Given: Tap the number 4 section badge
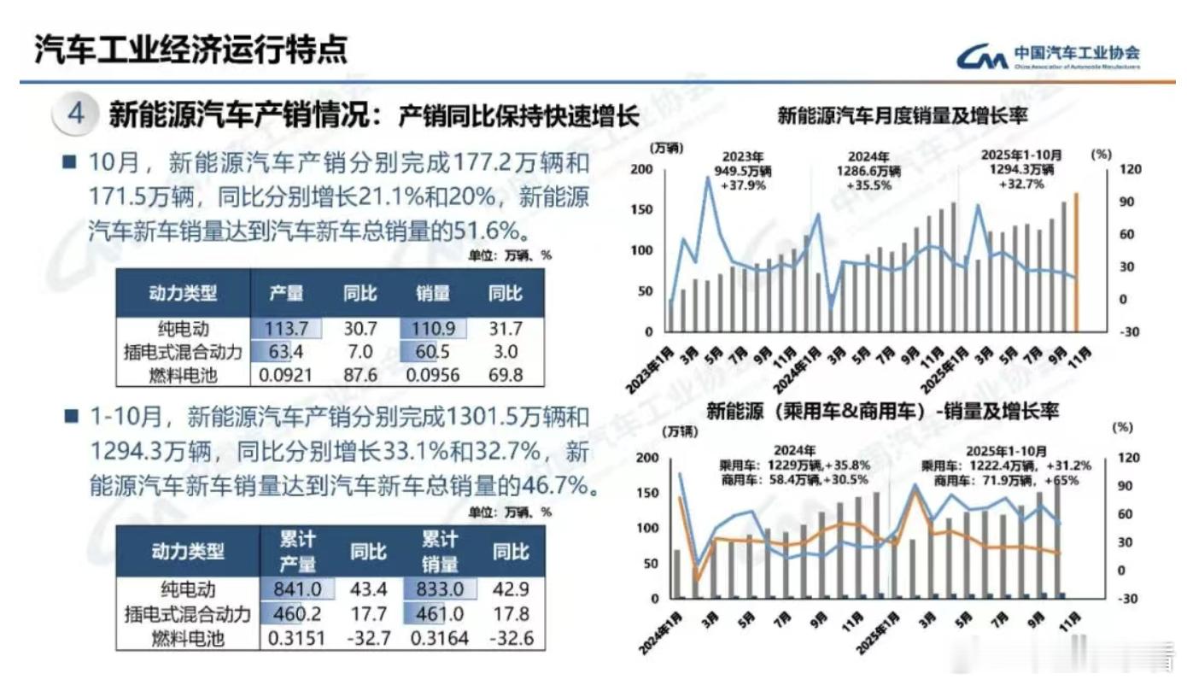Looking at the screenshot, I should [x=77, y=115].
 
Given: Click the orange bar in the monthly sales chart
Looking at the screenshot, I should [x=1077, y=261].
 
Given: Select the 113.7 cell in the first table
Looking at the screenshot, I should [x=287, y=329].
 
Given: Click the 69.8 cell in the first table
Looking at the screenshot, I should [x=504, y=374].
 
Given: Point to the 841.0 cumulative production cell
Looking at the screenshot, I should [x=298, y=589].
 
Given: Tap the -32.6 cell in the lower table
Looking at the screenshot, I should [x=509, y=637].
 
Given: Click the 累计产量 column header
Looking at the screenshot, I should [x=298, y=551].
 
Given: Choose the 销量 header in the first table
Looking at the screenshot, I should [x=433, y=293].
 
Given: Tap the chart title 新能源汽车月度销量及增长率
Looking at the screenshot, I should [x=902, y=115].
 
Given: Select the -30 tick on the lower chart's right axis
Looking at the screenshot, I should [x=1128, y=599].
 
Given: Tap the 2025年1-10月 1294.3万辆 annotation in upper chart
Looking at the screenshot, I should [x=1021, y=170].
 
